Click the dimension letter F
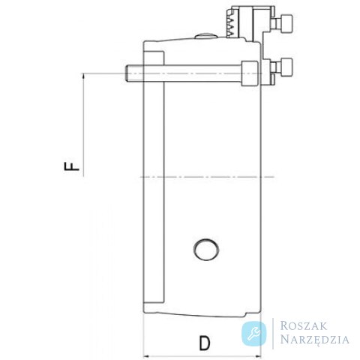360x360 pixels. point(72,166)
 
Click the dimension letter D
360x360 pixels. point(205,343)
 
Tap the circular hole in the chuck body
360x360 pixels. point(206,250)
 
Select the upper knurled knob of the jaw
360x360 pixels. point(286,23)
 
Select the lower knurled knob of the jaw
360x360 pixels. point(286,67)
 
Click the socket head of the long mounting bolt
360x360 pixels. point(250,73)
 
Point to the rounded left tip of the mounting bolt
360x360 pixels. point(126,73)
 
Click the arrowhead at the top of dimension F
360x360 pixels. point(83,76)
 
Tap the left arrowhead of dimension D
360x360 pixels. point(146,356)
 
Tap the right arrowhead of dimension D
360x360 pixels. point(258,356)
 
